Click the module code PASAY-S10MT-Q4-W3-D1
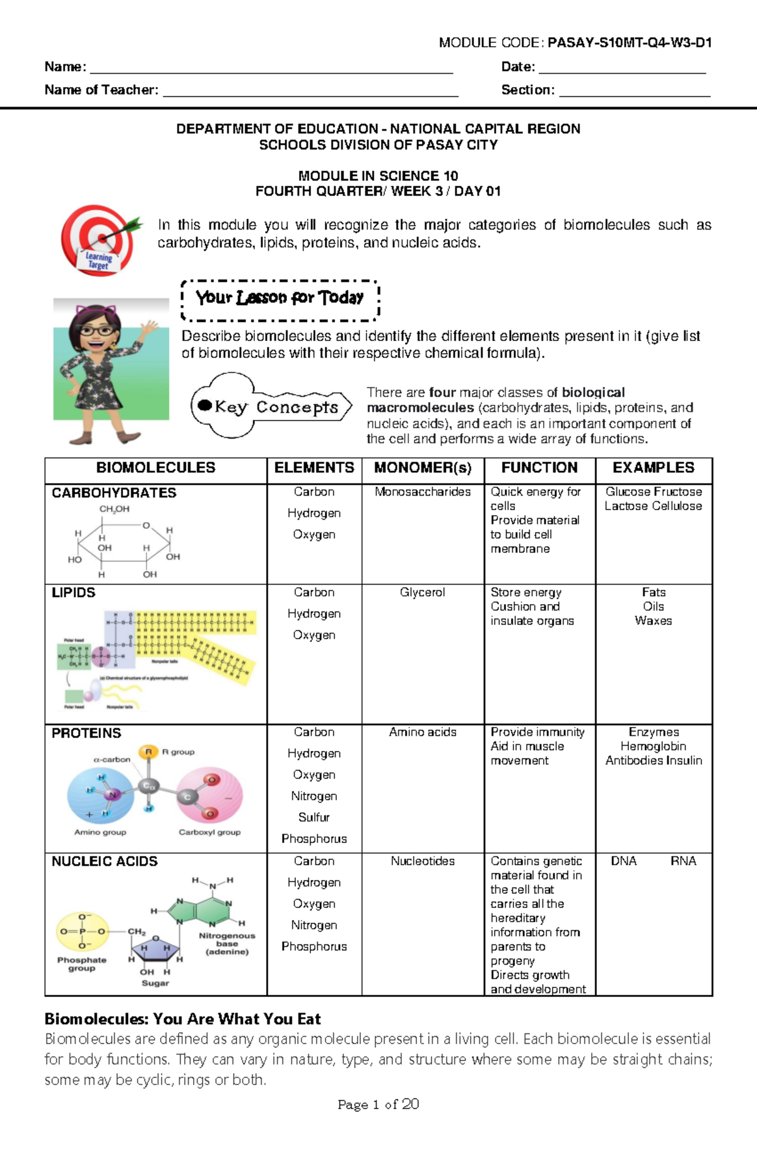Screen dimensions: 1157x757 point(630,43)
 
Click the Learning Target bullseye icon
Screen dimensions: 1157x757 point(100,240)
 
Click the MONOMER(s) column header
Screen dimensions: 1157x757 point(423,468)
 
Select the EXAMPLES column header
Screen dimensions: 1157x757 point(653,468)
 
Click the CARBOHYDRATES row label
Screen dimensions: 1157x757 point(114,493)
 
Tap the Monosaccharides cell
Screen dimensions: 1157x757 point(423,492)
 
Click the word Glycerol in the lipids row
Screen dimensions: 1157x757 point(422,593)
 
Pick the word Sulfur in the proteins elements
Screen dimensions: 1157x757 point(314,817)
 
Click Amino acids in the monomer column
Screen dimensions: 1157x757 point(422,732)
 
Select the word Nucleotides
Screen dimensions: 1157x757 point(422,861)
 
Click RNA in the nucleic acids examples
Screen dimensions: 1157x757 point(683,861)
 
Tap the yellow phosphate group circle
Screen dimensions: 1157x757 point(83,931)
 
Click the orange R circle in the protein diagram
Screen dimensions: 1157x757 point(148,752)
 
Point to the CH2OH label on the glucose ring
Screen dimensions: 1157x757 point(114,509)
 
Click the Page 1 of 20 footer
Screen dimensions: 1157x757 point(378,1104)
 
